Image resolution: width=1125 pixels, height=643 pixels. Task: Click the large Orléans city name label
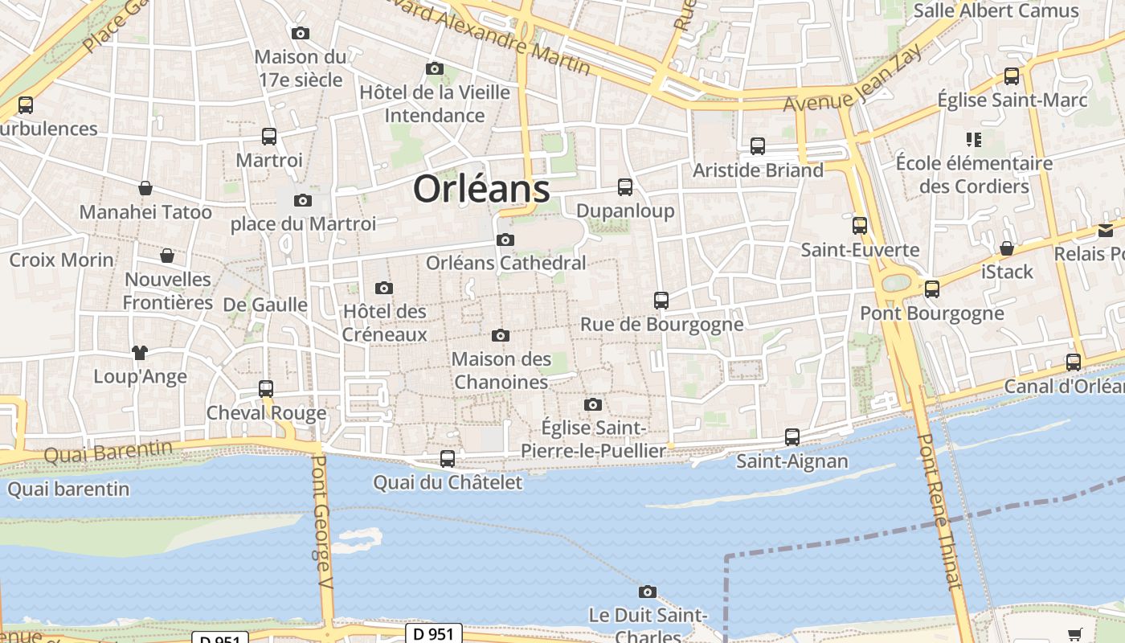(x=481, y=190)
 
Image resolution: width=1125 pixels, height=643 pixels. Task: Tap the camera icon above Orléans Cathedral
(x=505, y=240)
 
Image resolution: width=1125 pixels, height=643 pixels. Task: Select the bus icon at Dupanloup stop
(x=625, y=187)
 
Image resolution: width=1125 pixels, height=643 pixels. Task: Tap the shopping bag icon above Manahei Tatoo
(x=145, y=188)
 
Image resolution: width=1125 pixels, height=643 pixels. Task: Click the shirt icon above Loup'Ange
(x=140, y=352)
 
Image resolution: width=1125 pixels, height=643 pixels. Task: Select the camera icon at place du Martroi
(x=303, y=200)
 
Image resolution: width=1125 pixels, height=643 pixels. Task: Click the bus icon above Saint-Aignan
(x=792, y=437)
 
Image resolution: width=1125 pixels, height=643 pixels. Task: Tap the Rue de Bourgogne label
(x=661, y=325)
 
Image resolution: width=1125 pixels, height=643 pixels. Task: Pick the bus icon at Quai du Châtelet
(x=448, y=459)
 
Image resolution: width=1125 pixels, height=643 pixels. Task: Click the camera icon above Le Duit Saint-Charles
(x=648, y=592)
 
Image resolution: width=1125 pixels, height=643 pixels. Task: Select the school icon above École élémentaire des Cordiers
(x=975, y=140)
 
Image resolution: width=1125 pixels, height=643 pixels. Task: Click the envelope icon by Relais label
(x=1106, y=231)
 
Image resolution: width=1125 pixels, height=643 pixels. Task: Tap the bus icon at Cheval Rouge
(x=266, y=389)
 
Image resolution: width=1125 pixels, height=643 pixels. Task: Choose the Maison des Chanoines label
(x=501, y=371)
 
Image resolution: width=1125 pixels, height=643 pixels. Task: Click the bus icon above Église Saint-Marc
(x=1012, y=76)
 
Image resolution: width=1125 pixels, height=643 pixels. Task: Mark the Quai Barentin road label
(x=108, y=452)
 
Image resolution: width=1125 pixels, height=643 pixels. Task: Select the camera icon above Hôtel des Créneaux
(x=384, y=288)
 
